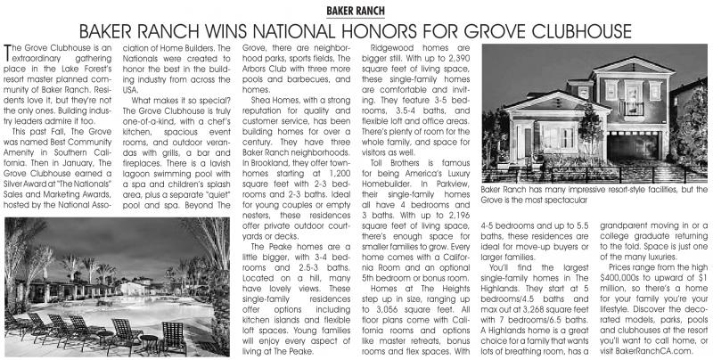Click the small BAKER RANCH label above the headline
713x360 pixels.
pos(356,9)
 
